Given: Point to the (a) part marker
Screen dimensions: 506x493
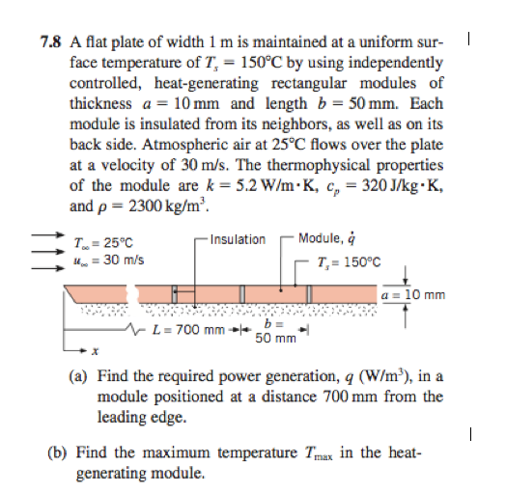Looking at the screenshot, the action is tap(80, 377).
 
